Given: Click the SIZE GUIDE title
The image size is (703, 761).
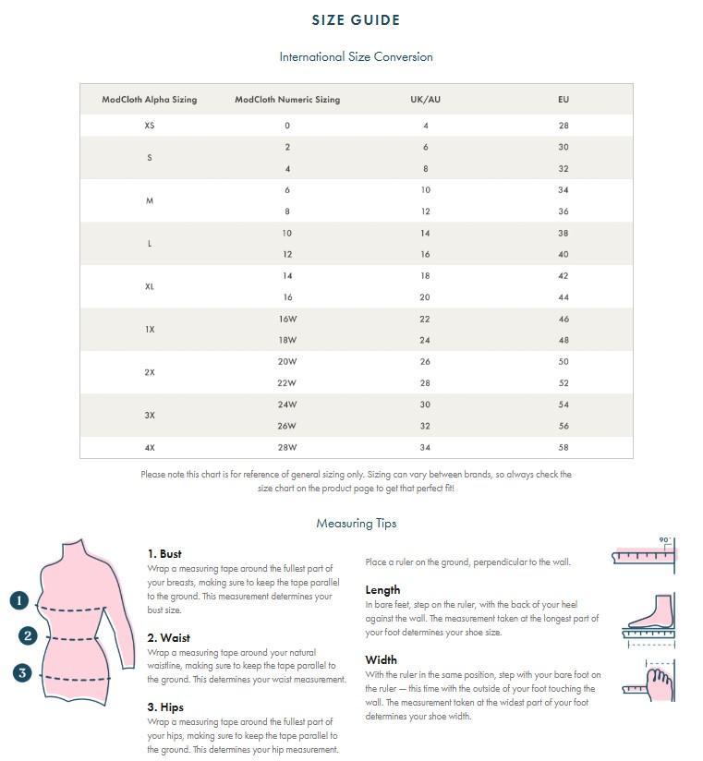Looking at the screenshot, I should pos(356,20).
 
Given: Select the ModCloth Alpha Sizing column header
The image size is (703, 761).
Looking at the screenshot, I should pos(150,100).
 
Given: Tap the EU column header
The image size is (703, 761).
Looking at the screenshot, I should pos(564,100).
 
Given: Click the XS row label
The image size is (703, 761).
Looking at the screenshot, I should pos(150,126).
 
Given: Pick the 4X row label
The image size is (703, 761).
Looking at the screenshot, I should pos(150,448).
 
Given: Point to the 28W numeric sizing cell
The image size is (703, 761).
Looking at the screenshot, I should pos(287,448).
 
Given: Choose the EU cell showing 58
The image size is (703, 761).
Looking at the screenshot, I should pos(564,448).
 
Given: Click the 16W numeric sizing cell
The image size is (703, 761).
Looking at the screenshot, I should pos(287,319).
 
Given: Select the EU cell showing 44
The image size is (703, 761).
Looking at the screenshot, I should pos(564,297).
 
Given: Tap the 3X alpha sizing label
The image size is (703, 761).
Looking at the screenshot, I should pos(150,416).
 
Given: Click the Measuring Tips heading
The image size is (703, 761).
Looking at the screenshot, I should pos(356,524).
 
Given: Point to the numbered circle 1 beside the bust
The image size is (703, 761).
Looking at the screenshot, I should pos(20,600).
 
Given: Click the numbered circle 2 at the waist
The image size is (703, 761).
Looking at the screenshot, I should pos(29,635).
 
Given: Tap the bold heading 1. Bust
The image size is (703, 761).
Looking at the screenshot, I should pos(164,554).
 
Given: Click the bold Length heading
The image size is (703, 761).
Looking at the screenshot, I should pos(382,590).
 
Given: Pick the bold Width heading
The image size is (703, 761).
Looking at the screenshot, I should pos(381,660).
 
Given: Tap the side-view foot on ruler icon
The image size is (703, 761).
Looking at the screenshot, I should pos(648,616).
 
